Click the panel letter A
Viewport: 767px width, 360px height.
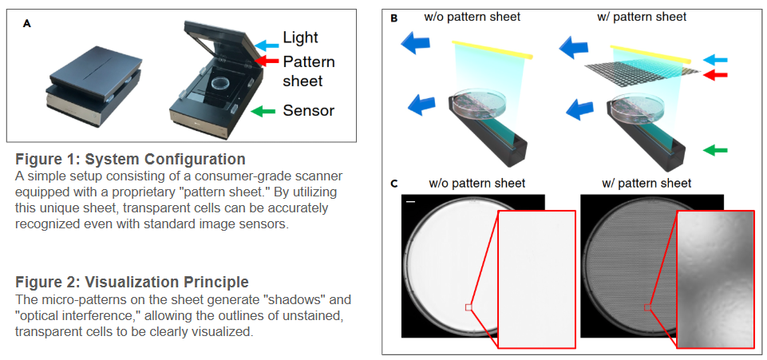27,23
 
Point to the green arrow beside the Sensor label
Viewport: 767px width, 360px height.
263,111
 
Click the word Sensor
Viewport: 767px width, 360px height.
308,110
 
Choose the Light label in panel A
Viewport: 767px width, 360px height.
300,38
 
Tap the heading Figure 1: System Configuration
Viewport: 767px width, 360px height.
130,158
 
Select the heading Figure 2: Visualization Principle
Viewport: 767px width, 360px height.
132,282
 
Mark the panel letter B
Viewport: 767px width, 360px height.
393,17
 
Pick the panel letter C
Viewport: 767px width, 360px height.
393,184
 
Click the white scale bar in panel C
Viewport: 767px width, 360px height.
411,203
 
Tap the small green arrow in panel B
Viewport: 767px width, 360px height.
717,149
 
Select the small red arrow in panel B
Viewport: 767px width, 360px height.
717,74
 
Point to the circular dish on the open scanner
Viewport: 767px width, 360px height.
219,82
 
